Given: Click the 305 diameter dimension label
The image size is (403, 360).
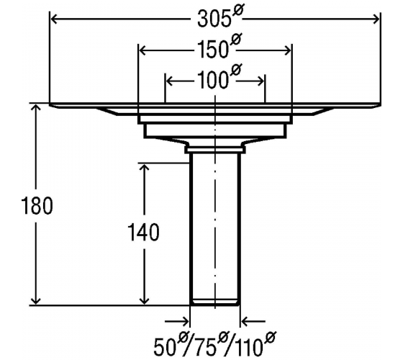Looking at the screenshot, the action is (x=220, y=16).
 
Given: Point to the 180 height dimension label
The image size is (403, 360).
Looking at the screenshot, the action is (x=37, y=205).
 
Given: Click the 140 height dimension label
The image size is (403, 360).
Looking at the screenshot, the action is (x=143, y=232).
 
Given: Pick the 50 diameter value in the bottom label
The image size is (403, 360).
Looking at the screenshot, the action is (x=172, y=344).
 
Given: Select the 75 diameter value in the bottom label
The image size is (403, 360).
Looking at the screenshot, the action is (x=208, y=344).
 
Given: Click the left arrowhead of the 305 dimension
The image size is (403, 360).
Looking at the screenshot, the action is (x=55, y=19).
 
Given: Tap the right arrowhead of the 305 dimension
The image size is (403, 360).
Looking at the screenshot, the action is (x=376, y=19).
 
